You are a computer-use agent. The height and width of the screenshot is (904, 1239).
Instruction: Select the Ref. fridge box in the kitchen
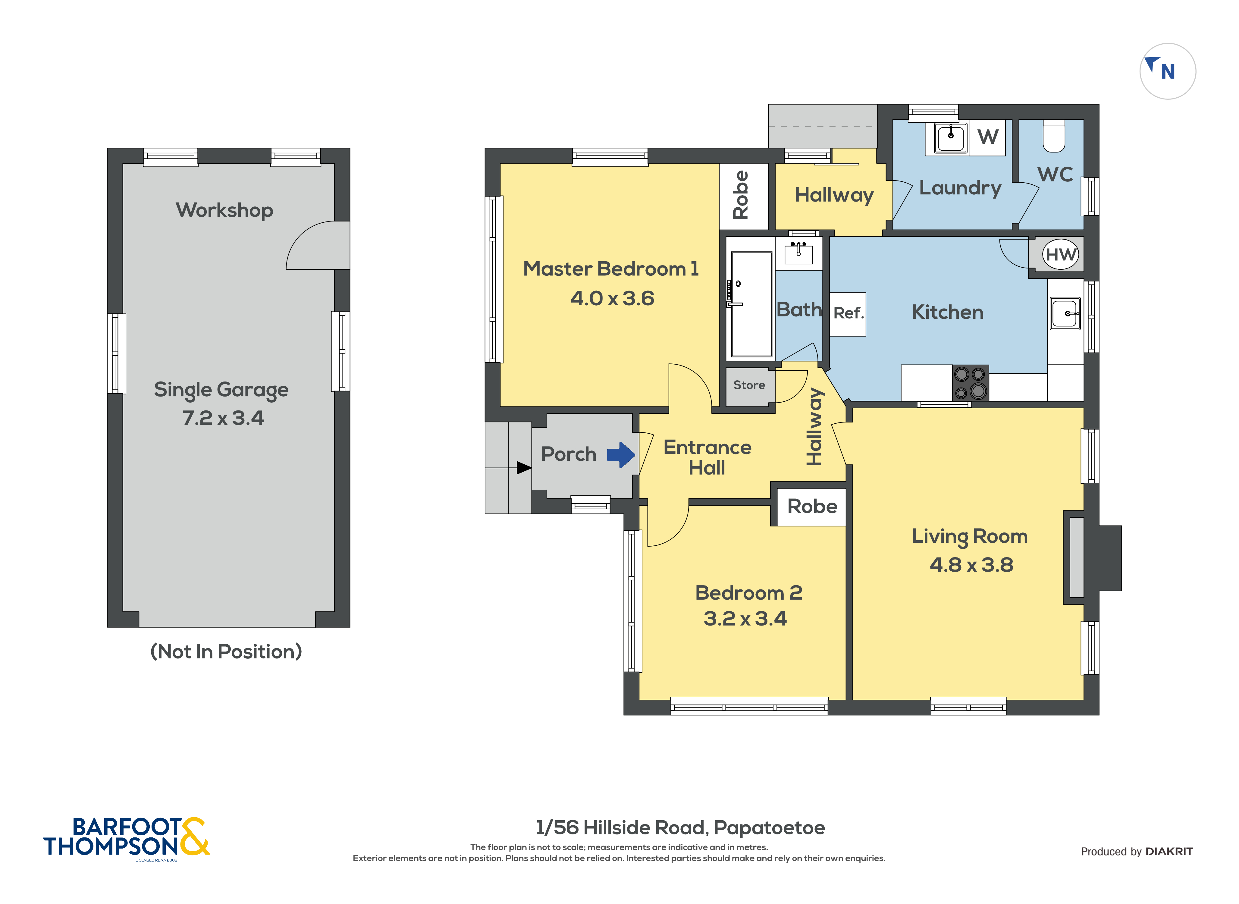[x=848, y=314]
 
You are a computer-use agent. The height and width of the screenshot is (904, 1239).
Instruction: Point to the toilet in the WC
[x=1054, y=137]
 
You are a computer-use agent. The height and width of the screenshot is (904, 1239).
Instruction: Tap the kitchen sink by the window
[x=1065, y=314]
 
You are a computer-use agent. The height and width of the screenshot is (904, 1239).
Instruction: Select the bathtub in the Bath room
[x=751, y=304]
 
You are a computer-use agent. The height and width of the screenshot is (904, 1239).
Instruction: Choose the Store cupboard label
[x=749, y=385]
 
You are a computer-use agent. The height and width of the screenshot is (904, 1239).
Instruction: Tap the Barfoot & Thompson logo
[x=126, y=837]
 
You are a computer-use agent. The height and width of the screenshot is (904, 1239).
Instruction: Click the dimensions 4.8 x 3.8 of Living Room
[x=971, y=565]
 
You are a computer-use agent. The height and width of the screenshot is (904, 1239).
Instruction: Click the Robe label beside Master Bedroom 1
[x=741, y=195]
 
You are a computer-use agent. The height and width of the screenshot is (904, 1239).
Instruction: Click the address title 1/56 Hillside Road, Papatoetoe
[x=680, y=827]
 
